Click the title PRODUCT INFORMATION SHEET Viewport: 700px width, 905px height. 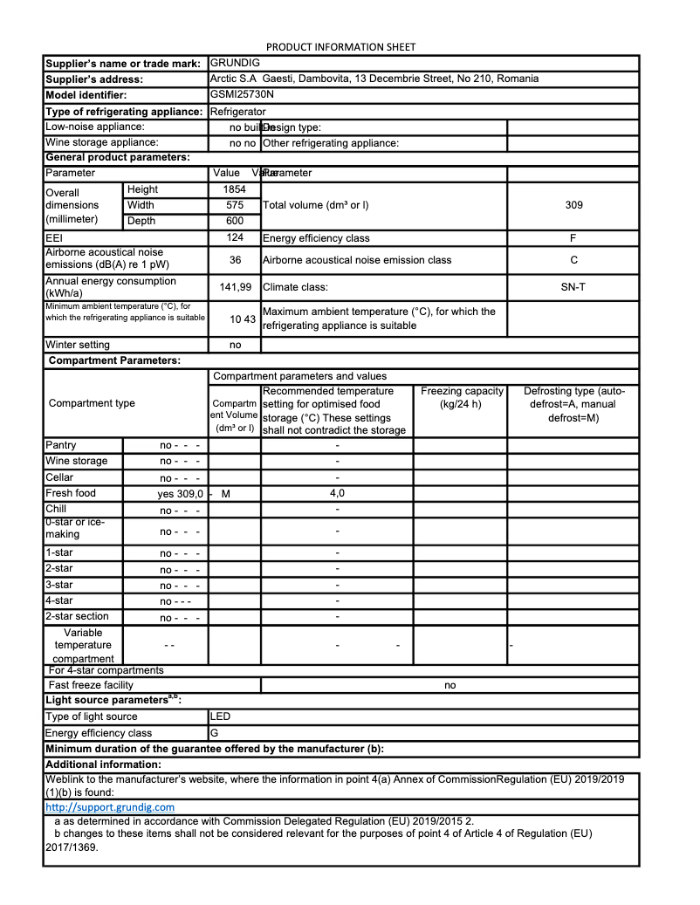[340, 46]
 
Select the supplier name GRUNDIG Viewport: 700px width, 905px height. [235, 63]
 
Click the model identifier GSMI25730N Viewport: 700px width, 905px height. [242, 94]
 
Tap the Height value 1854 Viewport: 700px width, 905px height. [234, 189]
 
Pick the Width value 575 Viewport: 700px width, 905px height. [234, 205]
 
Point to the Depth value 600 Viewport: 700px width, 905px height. [234, 221]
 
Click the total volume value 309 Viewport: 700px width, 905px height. [573, 205]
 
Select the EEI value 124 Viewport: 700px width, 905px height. [234, 237]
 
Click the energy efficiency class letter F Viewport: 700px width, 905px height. [573, 237]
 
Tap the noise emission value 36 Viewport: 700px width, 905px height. [234, 260]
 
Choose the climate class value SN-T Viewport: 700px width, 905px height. [573, 286]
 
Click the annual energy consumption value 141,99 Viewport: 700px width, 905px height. [234, 286]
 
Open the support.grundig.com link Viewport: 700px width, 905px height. [109, 807]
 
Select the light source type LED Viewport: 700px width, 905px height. [220, 716]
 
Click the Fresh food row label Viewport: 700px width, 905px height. [71, 493]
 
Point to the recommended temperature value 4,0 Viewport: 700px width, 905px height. [337, 493]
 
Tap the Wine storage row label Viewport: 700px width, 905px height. [77, 461]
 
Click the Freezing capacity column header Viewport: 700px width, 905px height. [462, 397]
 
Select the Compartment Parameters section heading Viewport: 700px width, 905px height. [114, 360]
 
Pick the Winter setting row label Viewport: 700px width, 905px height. [78, 345]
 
